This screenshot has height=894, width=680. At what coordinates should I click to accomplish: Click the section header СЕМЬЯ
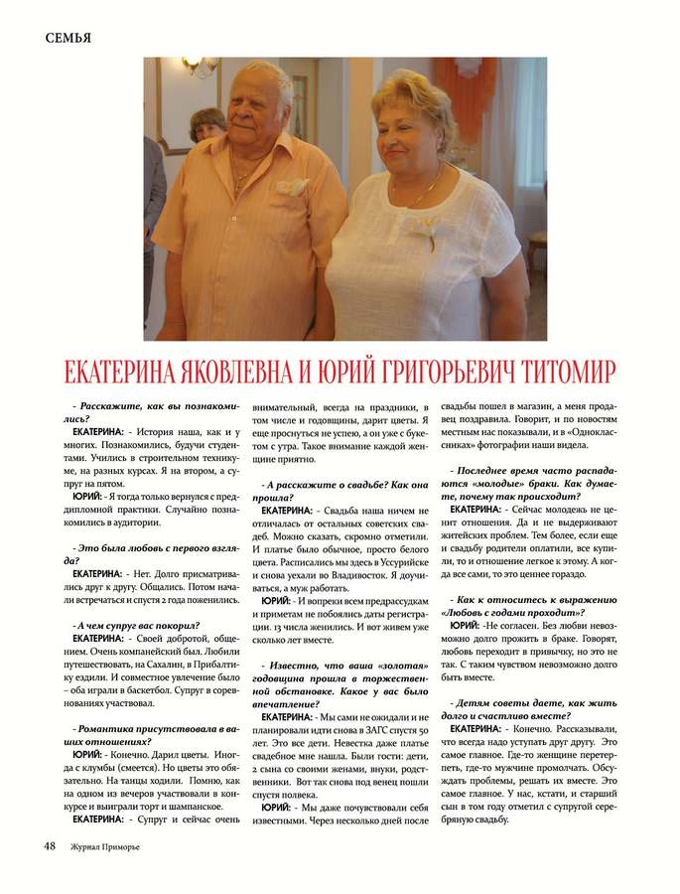(68, 38)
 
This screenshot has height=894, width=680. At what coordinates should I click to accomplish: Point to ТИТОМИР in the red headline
(559, 372)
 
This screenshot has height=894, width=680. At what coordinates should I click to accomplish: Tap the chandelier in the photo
(202, 67)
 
